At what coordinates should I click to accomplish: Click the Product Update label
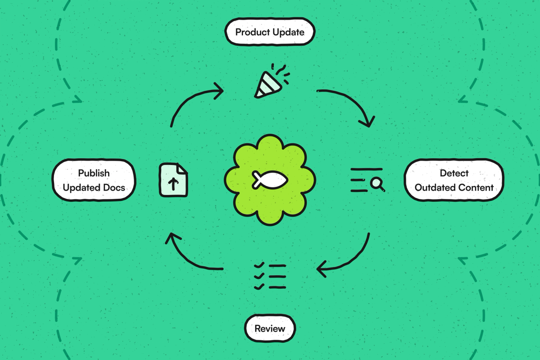270,32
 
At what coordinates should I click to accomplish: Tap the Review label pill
270,328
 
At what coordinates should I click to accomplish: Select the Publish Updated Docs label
94,180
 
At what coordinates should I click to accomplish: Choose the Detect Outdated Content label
454,180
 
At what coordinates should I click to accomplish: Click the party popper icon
271,81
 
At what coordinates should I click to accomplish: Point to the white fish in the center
270,180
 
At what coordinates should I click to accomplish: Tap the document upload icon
173,180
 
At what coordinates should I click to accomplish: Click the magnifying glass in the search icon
377,184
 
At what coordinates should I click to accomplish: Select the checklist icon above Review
270,276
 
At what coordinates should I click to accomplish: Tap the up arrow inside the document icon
173,184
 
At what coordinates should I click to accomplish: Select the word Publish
94,173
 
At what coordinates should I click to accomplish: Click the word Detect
454,173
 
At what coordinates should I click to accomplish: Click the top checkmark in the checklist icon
259,265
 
